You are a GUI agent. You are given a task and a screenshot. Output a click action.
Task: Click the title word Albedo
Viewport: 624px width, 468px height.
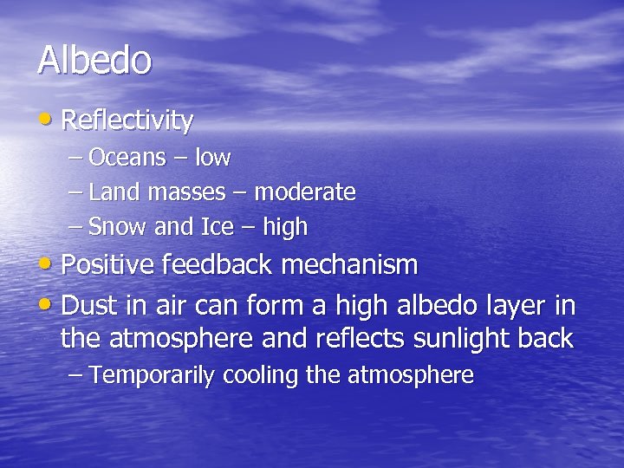[x=94, y=61]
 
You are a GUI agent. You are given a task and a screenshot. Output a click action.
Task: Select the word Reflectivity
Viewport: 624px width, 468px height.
[x=128, y=121]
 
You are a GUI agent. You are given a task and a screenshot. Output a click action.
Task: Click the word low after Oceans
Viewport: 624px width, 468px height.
[x=212, y=158]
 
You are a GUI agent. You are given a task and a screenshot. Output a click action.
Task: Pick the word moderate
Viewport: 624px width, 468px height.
[x=305, y=192]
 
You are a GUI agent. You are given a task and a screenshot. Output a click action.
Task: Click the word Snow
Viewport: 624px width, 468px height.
[x=118, y=227]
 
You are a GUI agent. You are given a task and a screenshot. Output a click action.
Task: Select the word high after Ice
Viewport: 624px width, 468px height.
[x=284, y=227]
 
